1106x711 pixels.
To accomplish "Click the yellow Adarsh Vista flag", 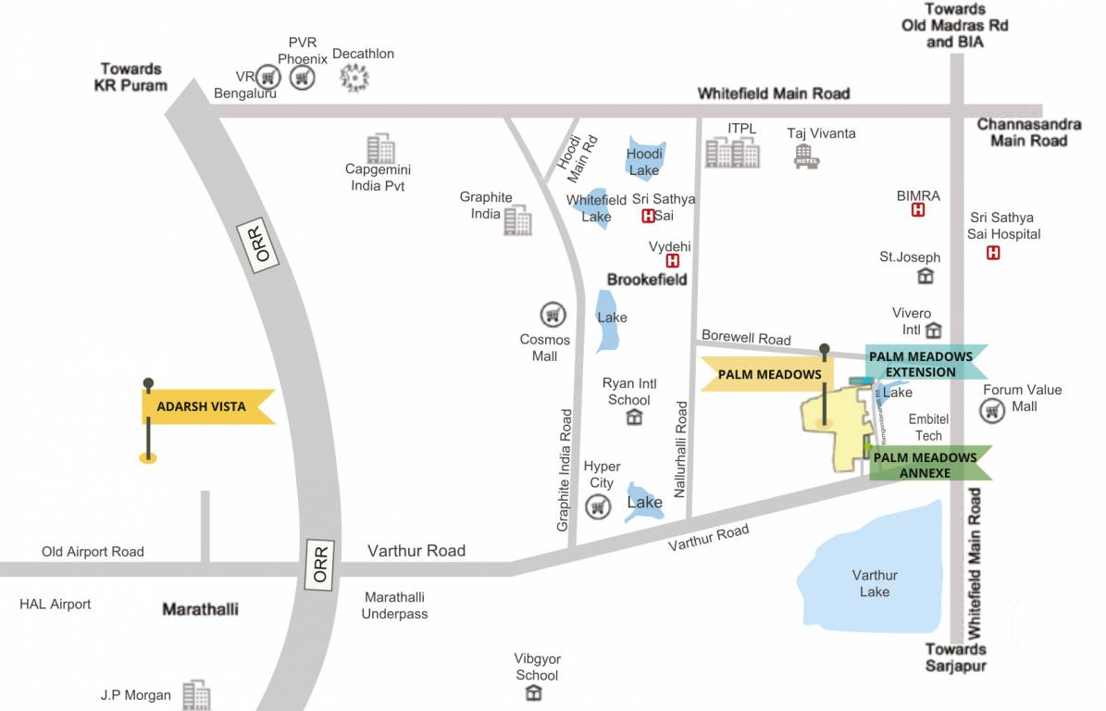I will click(205, 406).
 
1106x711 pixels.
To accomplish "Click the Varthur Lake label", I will click(875, 583).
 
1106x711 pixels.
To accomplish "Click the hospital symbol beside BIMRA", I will click(918, 211).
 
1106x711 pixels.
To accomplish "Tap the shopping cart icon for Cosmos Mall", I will click(553, 315).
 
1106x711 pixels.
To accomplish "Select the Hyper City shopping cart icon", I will click(600, 506).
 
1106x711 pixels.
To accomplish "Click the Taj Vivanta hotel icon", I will click(807, 156).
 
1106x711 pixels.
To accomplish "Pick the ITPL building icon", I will click(732, 153).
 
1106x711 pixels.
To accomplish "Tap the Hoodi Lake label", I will click(644, 162).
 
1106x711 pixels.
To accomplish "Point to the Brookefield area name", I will click(647, 279).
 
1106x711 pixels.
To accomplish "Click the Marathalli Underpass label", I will click(394, 605).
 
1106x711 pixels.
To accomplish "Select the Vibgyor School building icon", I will click(537, 695).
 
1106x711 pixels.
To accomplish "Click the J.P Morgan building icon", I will click(196, 695).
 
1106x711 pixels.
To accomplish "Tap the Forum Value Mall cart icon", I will click(993, 411).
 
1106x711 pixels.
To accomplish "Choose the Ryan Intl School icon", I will click(634, 418).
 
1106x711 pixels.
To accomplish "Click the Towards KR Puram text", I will click(131, 77).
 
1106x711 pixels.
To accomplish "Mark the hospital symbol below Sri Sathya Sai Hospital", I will click(993, 253).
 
